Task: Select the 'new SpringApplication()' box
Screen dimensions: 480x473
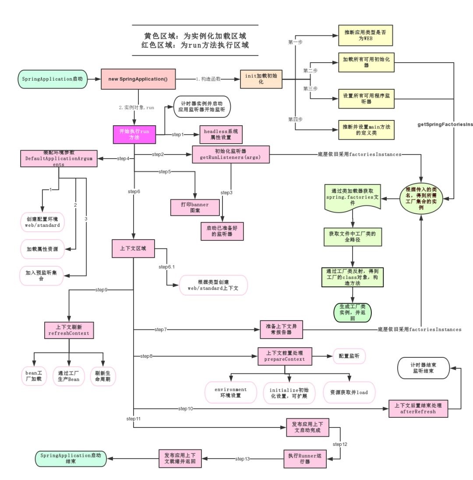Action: (138, 79)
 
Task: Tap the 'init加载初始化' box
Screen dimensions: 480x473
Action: (261, 79)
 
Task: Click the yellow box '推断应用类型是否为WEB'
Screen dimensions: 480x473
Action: (365, 35)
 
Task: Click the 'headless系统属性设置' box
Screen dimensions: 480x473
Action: (221, 134)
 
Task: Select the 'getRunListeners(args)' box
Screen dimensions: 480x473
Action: (231, 155)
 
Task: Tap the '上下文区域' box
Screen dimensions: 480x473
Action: (133, 249)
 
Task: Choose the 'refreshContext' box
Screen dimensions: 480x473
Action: (69, 330)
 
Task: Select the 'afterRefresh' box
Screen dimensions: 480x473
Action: (419, 409)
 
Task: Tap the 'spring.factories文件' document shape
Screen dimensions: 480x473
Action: (353, 198)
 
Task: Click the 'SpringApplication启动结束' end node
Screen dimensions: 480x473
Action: (71, 459)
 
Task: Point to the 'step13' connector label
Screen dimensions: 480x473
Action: (242, 459)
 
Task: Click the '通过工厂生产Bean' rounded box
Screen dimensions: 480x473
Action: (68, 375)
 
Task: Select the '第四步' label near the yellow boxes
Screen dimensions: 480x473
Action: (296, 119)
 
